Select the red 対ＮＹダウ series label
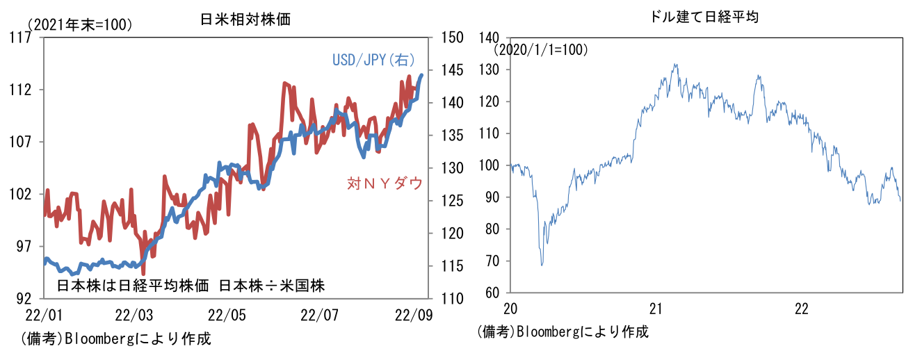point(385,183)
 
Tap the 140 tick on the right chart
point(490,38)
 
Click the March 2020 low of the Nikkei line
point(542,265)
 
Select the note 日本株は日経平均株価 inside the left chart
point(133,285)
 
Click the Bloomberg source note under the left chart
point(115,339)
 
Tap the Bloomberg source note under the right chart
point(563,332)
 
